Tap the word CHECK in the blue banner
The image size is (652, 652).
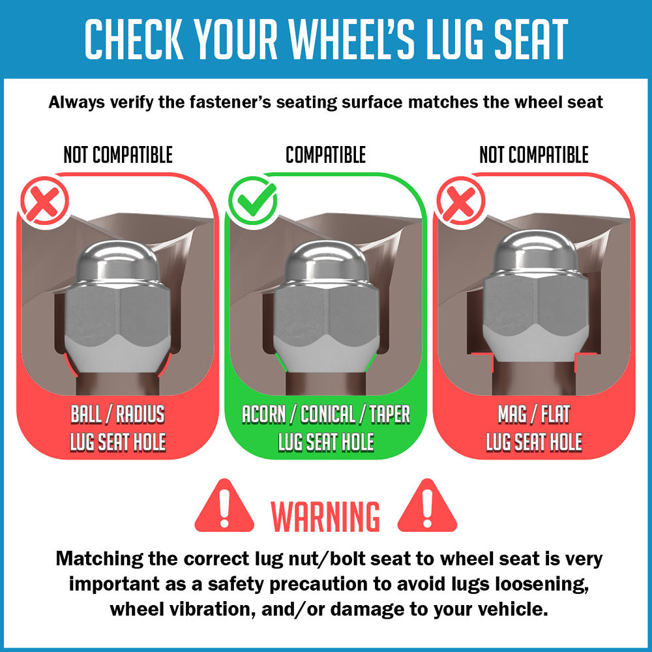point(134,39)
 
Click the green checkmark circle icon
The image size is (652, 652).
point(252,201)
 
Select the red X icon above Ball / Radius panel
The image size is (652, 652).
point(45,201)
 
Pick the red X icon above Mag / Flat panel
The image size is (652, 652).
point(461,201)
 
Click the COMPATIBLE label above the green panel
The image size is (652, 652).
point(325,155)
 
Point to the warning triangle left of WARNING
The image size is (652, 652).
point(224,506)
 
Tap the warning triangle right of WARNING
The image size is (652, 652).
point(427,506)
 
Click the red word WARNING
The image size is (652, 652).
point(325,516)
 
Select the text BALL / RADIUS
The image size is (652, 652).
point(117,414)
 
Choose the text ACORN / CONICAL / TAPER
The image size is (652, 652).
point(326,414)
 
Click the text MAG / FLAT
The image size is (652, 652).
point(534,414)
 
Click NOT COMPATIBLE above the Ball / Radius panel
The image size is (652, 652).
point(118,155)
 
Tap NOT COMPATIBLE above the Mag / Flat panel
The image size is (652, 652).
point(534,155)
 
